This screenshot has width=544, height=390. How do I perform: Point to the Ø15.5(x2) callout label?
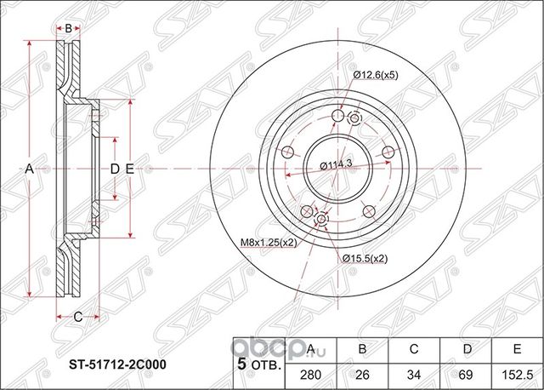[365, 257]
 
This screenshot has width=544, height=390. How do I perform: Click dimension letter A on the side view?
[28, 169]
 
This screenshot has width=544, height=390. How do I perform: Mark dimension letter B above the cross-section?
[68, 27]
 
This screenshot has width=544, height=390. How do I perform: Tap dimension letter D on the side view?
[115, 169]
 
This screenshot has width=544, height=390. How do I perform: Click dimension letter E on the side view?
[129, 169]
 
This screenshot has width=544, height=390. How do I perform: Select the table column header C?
[414, 348]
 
